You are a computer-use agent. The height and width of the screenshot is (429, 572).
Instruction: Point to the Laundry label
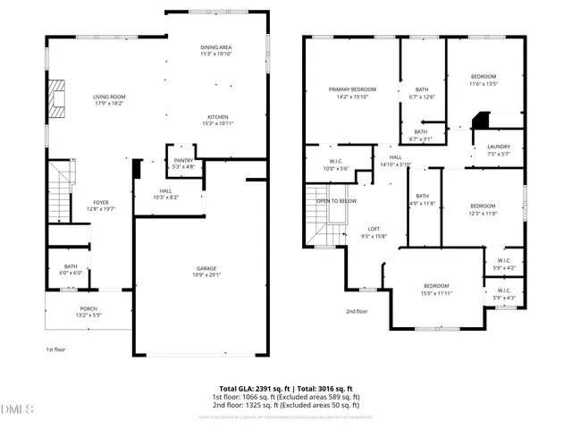coord(498,150)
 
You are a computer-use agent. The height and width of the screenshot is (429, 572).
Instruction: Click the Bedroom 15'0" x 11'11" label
coord(436,290)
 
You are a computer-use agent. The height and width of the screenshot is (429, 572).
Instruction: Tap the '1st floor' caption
coord(56,349)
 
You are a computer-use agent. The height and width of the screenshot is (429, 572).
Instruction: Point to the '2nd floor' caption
coord(357,311)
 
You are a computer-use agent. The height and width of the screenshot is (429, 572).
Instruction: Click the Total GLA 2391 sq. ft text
coord(253,388)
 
